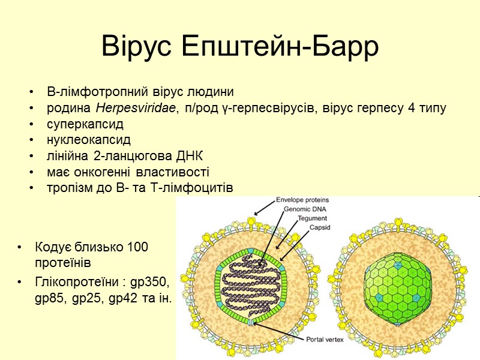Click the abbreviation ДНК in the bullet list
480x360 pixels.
click(x=190, y=157)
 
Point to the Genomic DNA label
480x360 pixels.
click(x=306, y=209)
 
